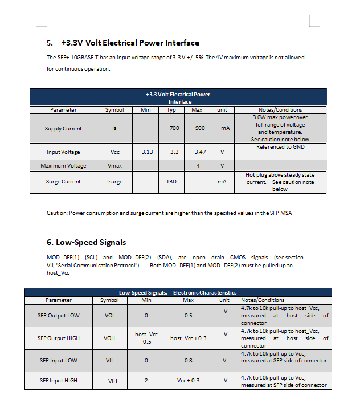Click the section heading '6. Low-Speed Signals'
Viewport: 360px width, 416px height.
click(86, 243)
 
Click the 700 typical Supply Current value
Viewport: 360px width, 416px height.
click(174, 128)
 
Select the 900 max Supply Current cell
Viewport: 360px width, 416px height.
click(199, 128)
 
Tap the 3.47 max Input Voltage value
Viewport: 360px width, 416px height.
click(199, 152)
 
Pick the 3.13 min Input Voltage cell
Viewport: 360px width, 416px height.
click(146, 152)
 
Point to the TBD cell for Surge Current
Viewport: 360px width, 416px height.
click(171, 182)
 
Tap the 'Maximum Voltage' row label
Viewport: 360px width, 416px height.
click(63, 166)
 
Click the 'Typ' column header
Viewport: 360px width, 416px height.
click(171, 110)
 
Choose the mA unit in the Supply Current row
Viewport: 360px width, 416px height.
click(225, 128)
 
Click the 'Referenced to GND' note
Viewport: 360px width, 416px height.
click(280, 147)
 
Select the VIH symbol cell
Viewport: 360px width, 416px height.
click(112, 380)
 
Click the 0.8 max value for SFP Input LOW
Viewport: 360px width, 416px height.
click(188, 360)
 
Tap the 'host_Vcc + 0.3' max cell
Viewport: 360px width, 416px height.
click(188, 338)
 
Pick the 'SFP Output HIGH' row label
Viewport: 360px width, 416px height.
click(59, 338)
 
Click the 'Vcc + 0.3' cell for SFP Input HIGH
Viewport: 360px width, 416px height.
click(188, 380)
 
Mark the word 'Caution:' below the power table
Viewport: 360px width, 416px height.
click(57, 213)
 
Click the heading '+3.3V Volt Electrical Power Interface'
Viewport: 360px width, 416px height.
click(130, 43)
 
